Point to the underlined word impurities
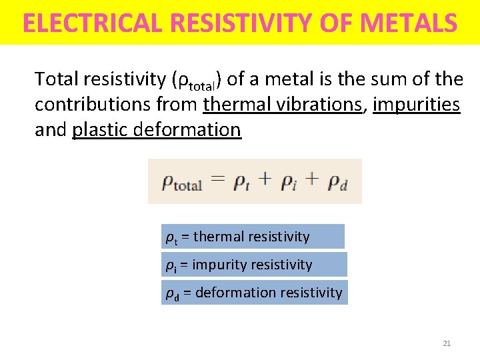tap(417, 105)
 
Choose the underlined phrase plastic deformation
tap(157, 129)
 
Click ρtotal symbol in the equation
tap(182, 182)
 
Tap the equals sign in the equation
tap(218, 179)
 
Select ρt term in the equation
tap(241, 182)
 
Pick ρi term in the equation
tap(288, 182)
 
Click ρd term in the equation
tap(338, 182)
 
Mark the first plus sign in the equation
tap(265, 179)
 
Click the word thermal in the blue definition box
tap(218, 237)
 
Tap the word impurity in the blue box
tap(218, 265)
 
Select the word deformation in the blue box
tap(234, 292)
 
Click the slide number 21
tap(447, 343)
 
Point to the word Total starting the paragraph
tap(57, 80)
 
